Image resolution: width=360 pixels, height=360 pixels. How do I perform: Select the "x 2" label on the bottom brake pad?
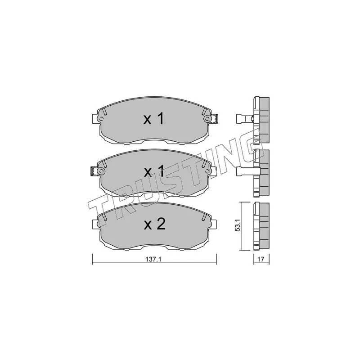[154, 225]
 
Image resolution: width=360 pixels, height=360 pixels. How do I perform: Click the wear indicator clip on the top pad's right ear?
[215, 118]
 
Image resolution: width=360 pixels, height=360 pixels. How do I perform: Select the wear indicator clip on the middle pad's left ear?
[93, 171]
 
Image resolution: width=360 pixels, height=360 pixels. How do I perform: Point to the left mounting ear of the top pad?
[95, 119]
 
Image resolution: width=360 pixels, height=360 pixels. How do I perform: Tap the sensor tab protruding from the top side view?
[243, 119]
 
